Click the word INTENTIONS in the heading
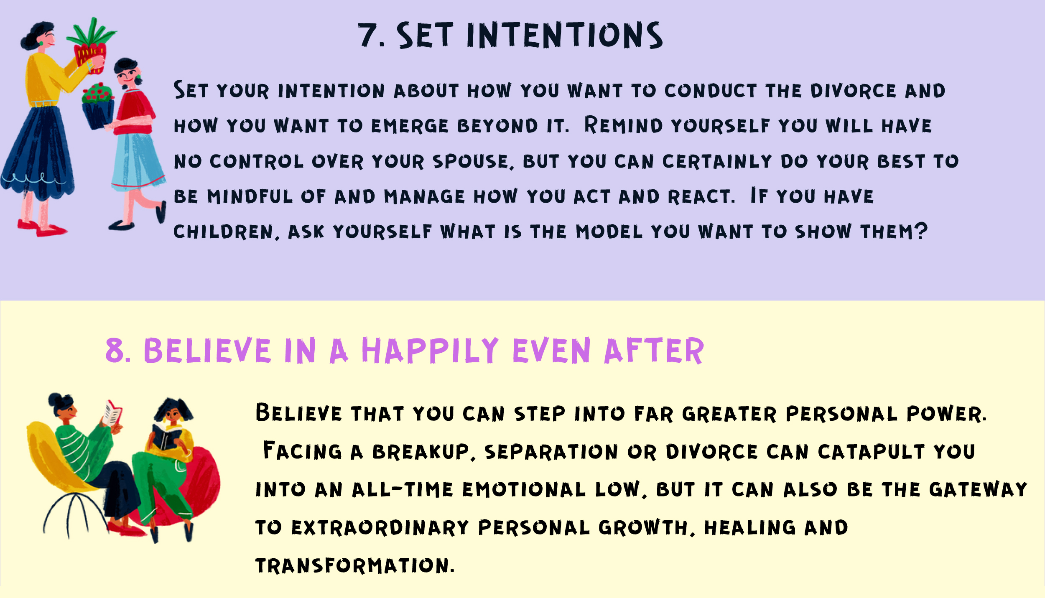tap(564, 35)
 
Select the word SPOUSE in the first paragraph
tap(470, 162)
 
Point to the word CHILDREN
tap(223, 232)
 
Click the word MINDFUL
tap(250, 196)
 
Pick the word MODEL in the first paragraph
tap(609, 232)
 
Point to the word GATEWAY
tap(978, 489)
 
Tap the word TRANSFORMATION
tap(354, 565)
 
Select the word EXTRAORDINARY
tap(380, 527)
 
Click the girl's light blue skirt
tap(138, 161)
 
